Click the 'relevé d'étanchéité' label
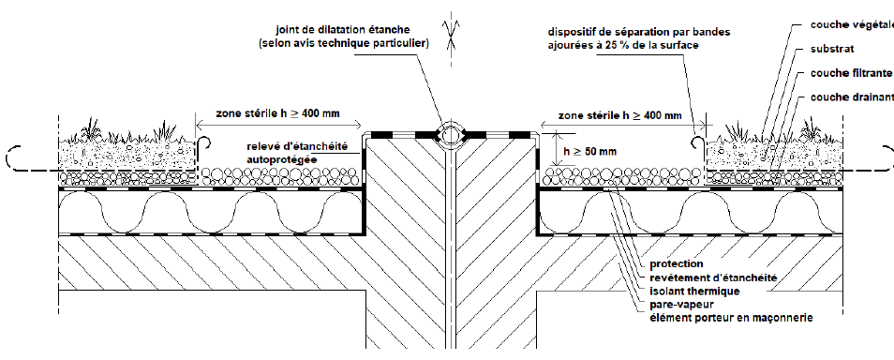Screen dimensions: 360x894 point(296,147)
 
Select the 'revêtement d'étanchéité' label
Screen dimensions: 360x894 point(713,278)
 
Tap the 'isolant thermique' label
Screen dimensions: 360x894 point(694,292)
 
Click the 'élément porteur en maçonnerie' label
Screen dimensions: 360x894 point(731,319)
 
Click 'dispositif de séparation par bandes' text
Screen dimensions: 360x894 point(639,32)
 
